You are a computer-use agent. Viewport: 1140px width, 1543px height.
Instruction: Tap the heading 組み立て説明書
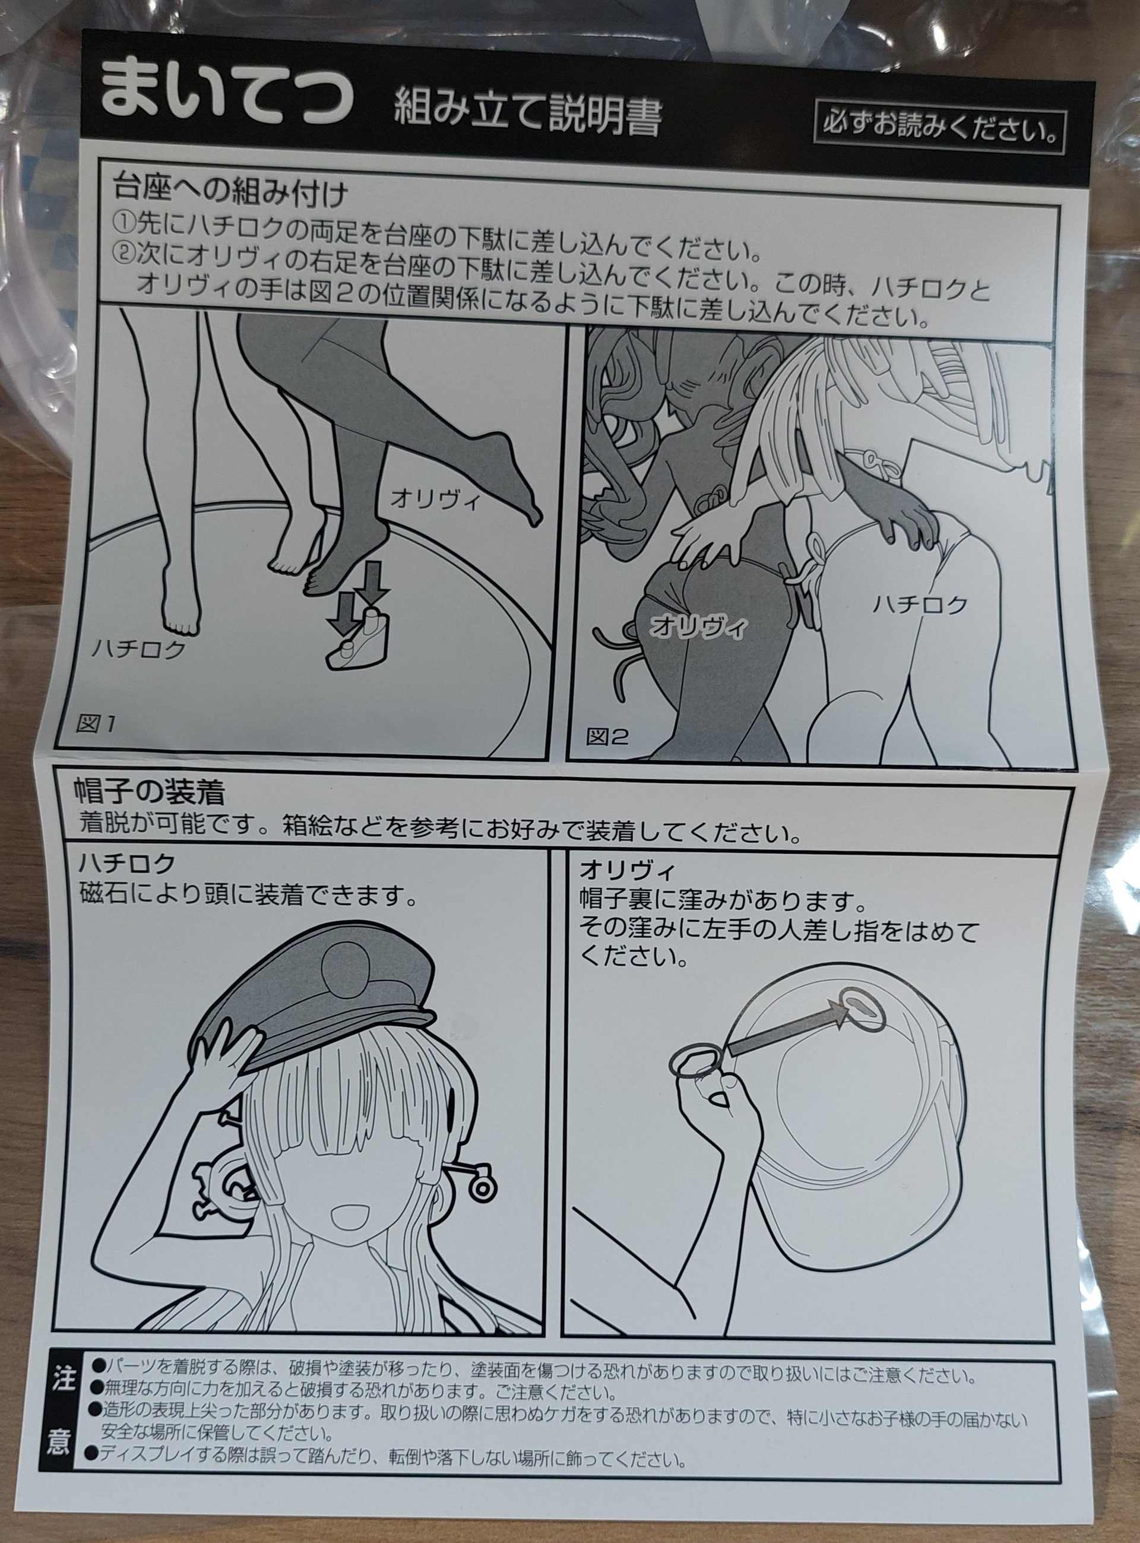(x=528, y=112)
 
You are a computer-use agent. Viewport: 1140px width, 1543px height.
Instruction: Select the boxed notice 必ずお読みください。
(x=939, y=131)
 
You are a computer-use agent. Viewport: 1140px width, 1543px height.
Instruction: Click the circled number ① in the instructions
(x=125, y=222)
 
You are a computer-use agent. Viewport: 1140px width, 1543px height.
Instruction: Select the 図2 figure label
(x=607, y=737)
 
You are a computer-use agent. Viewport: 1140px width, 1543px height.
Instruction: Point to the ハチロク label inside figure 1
(x=139, y=649)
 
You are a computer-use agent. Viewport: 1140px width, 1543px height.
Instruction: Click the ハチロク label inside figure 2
(x=920, y=605)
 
